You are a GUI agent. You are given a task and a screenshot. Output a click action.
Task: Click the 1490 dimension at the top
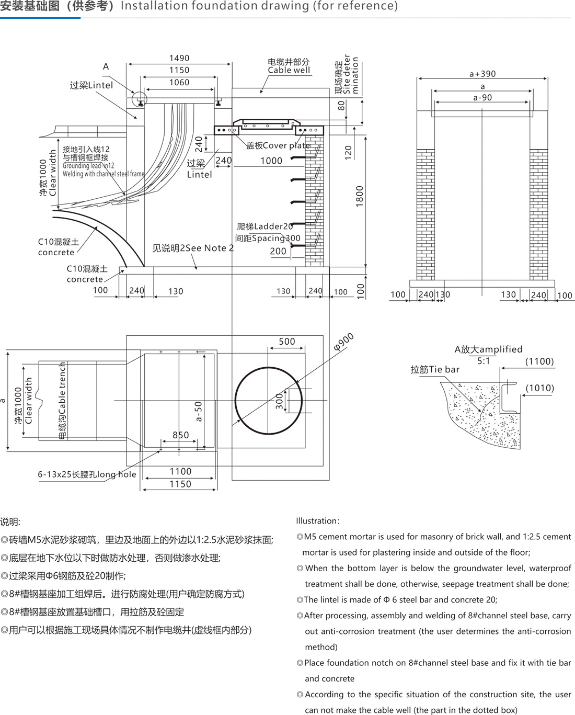click(x=179, y=58)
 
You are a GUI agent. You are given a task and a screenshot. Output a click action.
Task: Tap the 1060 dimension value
click(x=179, y=82)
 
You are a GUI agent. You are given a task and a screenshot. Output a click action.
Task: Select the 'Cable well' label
click(x=289, y=70)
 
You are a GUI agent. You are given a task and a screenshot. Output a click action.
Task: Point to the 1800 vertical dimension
click(x=359, y=196)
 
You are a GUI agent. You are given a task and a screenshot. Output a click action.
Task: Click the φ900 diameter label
click(x=343, y=342)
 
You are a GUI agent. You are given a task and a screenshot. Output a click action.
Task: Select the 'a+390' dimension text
click(x=482, y=74)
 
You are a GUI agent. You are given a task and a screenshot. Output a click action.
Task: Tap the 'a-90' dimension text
click(x=482, y=97)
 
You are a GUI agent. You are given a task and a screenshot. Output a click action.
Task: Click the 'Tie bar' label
click(x=435, y=369)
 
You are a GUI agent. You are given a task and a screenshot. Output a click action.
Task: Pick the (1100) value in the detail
click(x=539, y=361)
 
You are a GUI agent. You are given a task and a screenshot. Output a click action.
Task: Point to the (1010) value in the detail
click(x=539, y=388)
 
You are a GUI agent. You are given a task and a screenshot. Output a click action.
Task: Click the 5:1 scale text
click(x=484, y=361)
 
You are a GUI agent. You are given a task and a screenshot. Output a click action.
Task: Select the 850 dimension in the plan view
click(x=181, y=435)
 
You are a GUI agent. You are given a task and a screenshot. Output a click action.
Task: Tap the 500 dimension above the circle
click(x=287, y=342)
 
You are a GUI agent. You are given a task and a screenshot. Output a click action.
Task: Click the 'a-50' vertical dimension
click(x=199, y=411)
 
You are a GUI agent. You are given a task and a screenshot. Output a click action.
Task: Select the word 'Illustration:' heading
click(x=318, y=520)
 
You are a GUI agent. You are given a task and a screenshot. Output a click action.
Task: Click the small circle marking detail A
click(x=140, y=98)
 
